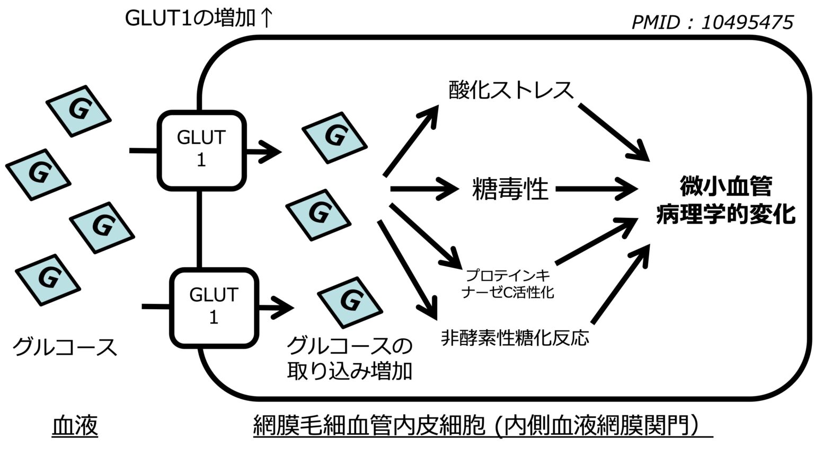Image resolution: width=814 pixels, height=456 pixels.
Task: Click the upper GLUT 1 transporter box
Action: (x=201, y=150)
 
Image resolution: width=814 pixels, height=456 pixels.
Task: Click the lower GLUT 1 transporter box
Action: (x=214, y=307)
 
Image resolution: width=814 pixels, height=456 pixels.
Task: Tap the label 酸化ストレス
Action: (x=511, y=90)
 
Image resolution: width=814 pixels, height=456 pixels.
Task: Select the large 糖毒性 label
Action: (x=509, y=189)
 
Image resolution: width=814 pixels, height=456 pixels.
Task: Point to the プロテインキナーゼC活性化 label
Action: (x=508, y=284)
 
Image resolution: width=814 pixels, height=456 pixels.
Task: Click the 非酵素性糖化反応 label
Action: (x=515, y=337)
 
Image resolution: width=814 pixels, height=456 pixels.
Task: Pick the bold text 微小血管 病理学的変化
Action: (x=725, y=201)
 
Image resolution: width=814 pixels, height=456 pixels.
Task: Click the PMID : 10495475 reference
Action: (x=712, y=22)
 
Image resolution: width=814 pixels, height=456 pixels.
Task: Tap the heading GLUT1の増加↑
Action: (x=199, y=18)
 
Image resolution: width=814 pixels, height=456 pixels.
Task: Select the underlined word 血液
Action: (x=75, y=426)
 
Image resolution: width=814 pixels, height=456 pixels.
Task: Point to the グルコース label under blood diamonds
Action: (x=64, y=347)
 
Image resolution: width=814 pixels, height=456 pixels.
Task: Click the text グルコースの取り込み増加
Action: (x=349, y=359)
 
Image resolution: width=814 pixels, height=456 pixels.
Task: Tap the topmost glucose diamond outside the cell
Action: (x=78, y=110)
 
